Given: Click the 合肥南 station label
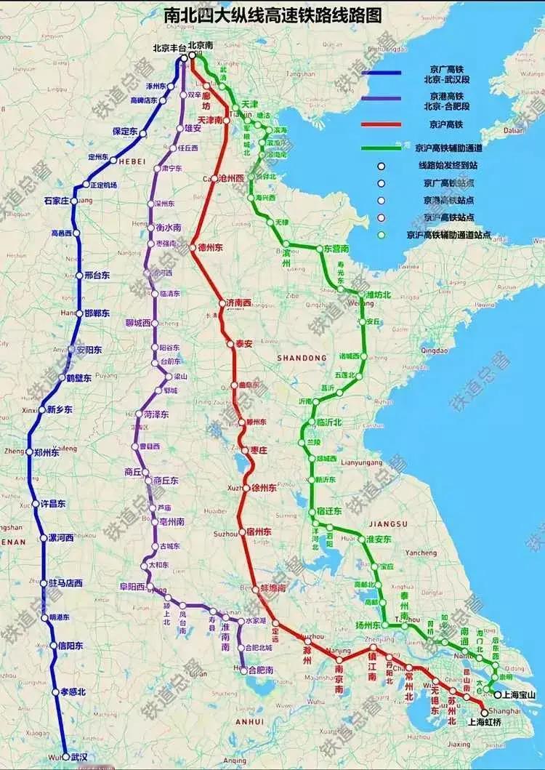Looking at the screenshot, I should pos(261,669).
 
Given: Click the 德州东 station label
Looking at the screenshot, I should pos(211,247).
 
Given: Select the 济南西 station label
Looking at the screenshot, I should pos(238,302).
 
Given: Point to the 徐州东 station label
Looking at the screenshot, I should pos(262,488).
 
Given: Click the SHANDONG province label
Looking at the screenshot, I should pos(302,358).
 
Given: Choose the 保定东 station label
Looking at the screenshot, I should pos(125,131).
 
